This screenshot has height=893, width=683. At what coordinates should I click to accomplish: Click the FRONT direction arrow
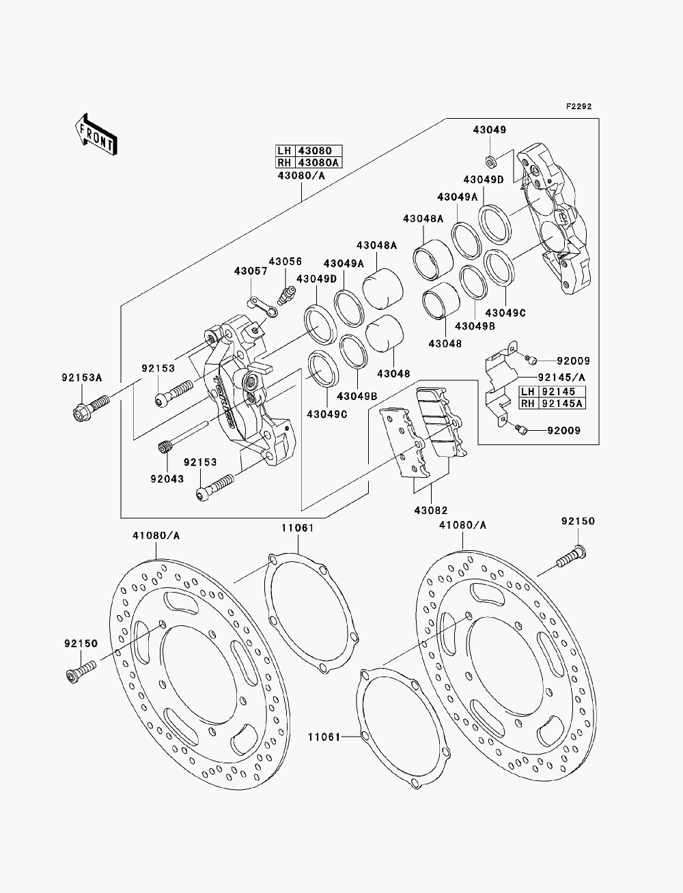96,135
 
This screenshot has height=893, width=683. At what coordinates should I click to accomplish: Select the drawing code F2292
579,107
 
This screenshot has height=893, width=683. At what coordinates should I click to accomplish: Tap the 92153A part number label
82,378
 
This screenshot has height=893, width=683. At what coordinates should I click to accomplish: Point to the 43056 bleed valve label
285,261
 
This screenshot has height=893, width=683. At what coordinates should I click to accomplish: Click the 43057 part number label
251,271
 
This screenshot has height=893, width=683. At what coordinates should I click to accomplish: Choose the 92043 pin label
167,479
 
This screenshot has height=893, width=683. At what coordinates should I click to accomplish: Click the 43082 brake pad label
431,510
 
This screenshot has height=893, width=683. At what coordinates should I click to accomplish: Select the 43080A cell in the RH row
318,162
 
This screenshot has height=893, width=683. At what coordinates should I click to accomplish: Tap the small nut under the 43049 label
490,161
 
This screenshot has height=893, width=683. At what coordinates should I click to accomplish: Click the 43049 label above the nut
489,130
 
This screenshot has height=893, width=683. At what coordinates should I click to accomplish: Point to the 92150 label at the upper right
578,521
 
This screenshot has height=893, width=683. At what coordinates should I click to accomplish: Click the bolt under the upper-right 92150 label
571,557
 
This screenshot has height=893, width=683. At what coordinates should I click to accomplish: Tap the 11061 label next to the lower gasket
324,737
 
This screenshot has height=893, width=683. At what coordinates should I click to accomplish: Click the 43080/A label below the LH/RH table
301,175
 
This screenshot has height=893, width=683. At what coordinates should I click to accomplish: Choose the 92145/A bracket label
561,378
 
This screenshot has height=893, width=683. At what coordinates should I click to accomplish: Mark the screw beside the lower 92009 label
520,429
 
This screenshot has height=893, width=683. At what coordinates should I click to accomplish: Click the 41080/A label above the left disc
156,536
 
